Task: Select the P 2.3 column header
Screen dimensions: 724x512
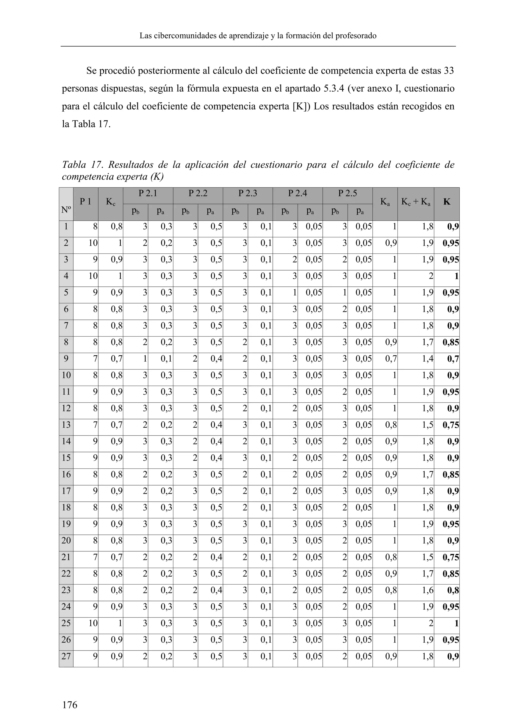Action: [x=247, y=193]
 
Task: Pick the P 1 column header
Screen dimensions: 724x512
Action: [x=85, y=202]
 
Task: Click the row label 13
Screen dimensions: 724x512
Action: [x=66, y=425]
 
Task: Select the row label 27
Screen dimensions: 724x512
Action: [x=66, y=656]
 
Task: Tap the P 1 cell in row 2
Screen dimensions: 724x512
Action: [x=93, y=243]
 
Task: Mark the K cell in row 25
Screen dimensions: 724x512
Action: [x=456, y=623]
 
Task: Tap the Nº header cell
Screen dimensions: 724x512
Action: [x=66, y=208]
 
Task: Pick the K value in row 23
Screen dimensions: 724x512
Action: [x=453, y=590]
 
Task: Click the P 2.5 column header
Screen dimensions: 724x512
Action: [x=347, y=193]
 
